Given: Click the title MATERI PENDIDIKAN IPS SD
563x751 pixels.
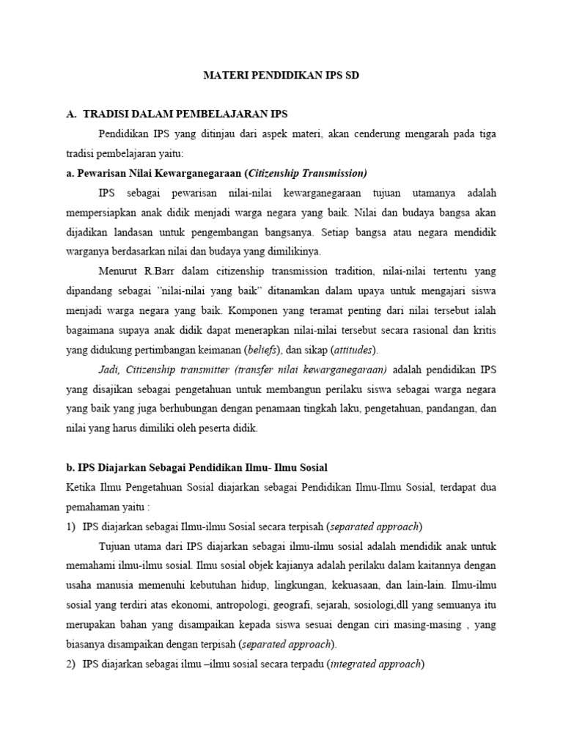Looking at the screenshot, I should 281,76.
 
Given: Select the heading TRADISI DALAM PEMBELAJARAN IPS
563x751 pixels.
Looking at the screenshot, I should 185,114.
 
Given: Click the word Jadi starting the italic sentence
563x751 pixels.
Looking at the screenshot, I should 108,369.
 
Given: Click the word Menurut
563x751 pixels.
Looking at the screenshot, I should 119,271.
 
